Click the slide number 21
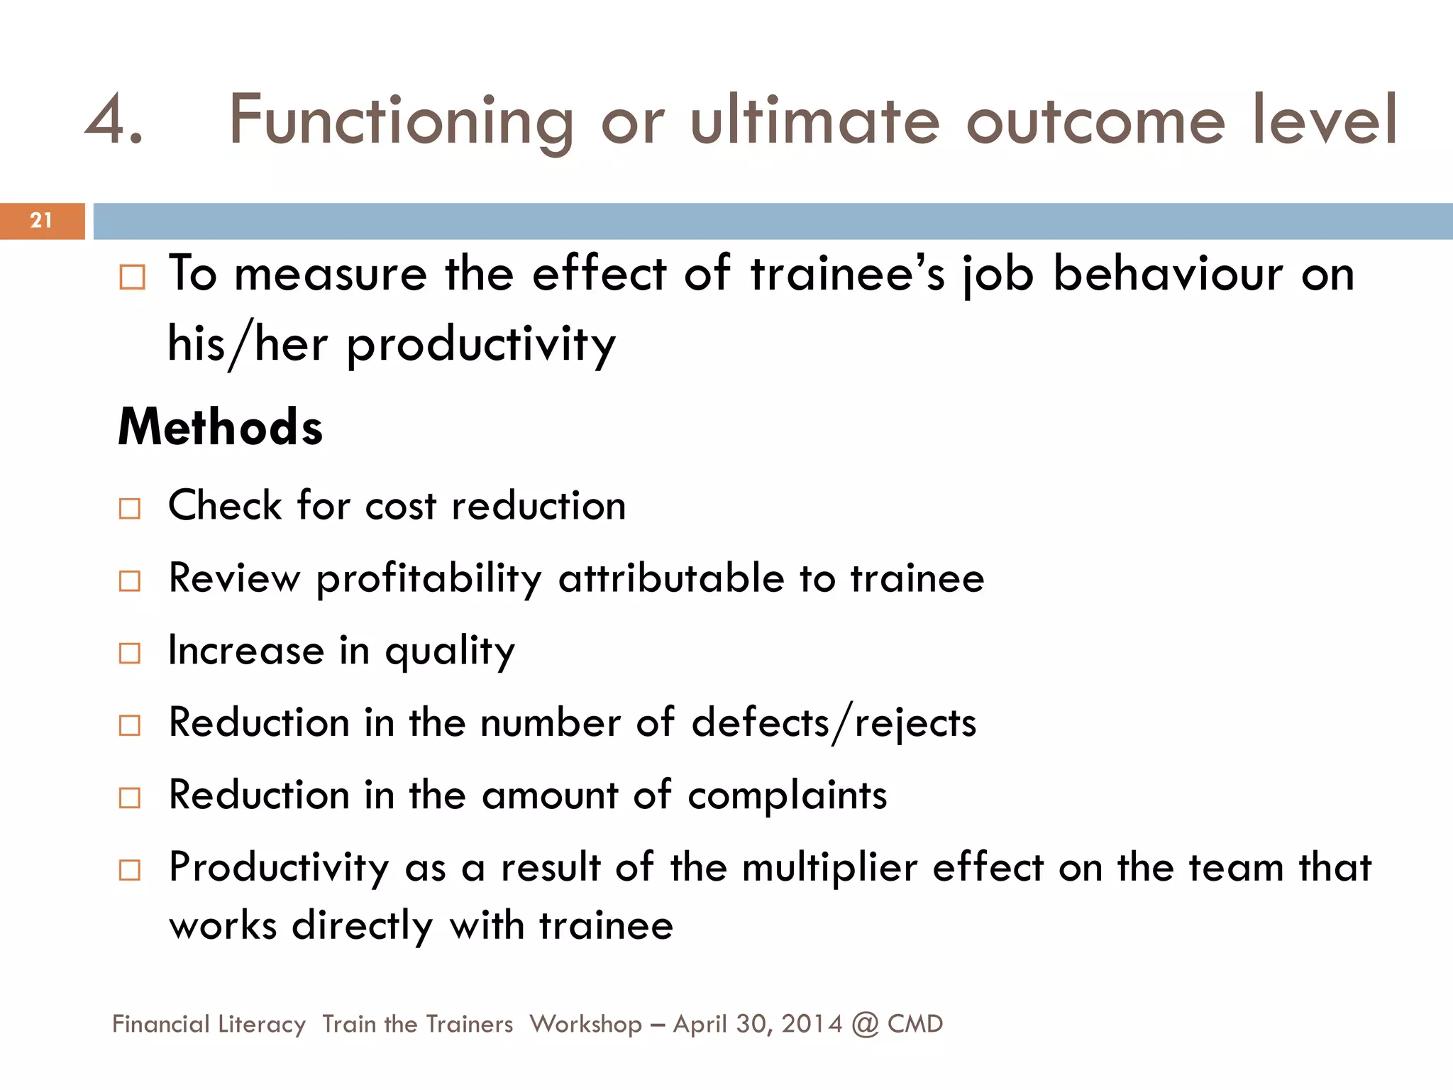click(41, 220)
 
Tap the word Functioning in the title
click(401, 121)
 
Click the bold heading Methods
click(220, 427)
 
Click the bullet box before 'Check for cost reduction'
click(130, 508)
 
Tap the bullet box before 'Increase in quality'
click(130, 653)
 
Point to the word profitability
click(429, 579)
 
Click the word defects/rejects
click(834, 724)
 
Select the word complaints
click(787, 796)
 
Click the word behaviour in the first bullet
click(1168, 274)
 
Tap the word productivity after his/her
click(481, 345)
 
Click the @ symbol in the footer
click(865, 1024)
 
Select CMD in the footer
click(915, 1024)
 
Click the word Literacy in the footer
click(262, 1024)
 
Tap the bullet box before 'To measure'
click(132, 277)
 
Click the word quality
click(450, 651)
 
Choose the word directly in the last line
click(362, 927)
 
